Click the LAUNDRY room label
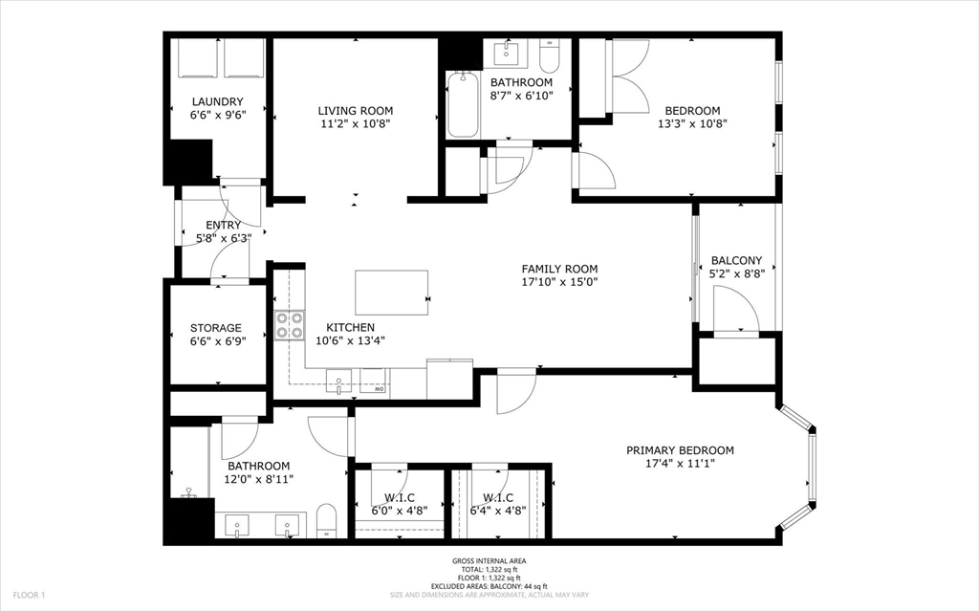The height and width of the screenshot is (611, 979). click(217, 101)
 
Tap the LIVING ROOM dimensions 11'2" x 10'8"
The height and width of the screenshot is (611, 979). click(356, 123)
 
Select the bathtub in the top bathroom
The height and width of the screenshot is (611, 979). click(463, 104)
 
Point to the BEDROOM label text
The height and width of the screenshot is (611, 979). click(692, 111)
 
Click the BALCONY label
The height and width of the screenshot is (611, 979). click(737, 260)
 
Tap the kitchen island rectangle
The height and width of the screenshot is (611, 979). click(391, 293)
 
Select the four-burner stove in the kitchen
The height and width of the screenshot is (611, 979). click(290, 325)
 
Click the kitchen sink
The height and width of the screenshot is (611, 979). click(338, 382)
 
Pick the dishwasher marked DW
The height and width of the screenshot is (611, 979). click(374, 382)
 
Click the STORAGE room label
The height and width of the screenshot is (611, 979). click(216, 328)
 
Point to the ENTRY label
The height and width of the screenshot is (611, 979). click(223, 225)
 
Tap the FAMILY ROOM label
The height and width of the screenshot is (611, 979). click(560, 269)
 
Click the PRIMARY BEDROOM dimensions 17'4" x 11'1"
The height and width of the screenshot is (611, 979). click(680, 464)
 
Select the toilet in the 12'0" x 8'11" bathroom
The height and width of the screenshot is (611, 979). click(326, 520)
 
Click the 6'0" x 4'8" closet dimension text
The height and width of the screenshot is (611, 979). click(400, 511)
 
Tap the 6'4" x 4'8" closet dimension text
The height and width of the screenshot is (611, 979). click(498, 511)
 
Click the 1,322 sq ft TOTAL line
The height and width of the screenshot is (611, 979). click(489, 569)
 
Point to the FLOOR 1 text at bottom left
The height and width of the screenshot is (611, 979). click(30, 596)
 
